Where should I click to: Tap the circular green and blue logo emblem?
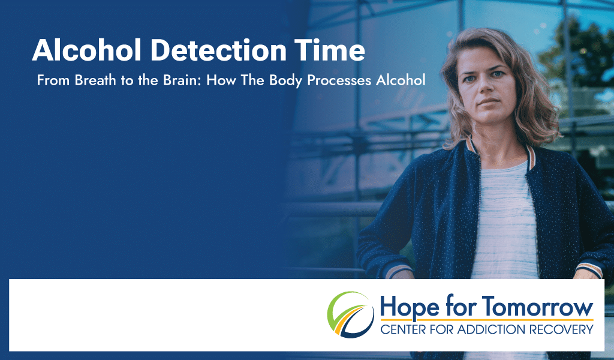pyautogui.click(x=350, y=315)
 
